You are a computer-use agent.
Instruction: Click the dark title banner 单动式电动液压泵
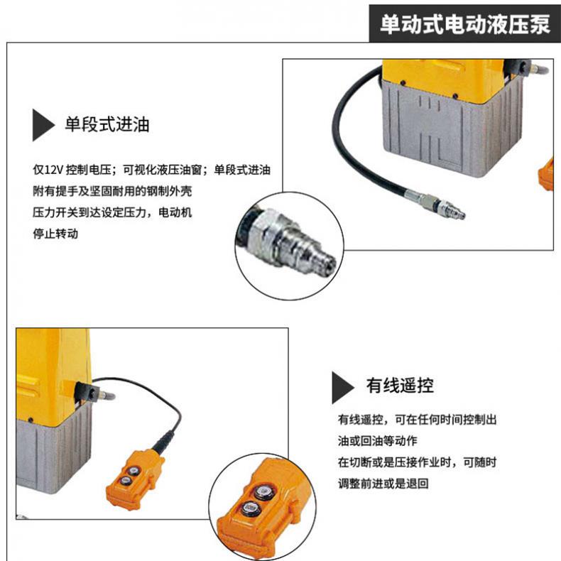point(464,24)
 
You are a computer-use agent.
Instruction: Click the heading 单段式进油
point(107,124)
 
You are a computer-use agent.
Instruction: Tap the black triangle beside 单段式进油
point(43,125)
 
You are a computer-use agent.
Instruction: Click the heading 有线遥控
point(400,386)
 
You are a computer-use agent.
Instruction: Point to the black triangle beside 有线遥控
point(343,388)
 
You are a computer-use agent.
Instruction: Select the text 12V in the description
point(54,170)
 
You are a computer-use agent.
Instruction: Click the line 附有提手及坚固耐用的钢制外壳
point(112,191)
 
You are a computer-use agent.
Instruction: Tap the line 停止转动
point(55,234)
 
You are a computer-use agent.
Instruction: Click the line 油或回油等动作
point(378,441)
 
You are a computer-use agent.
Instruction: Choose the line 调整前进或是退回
point(383,484)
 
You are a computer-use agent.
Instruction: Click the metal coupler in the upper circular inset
point(290,241)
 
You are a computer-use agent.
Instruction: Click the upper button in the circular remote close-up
point(264,491)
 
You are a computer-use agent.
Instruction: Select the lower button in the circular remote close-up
point(249,508)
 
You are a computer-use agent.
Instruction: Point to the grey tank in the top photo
point(452,129)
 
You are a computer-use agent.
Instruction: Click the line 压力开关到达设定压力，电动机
point(112,212)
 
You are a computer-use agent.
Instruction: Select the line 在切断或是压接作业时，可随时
point(417,462)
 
